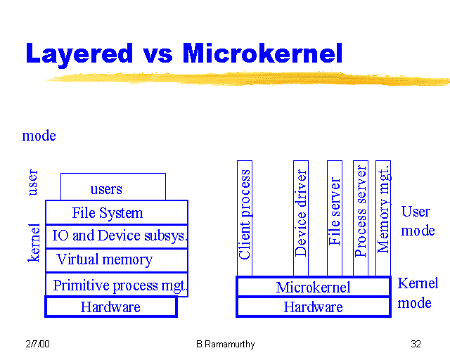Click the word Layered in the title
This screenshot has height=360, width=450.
79,53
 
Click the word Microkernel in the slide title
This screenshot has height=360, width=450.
262,53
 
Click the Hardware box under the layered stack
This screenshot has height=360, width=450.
110,307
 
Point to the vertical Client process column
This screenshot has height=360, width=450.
245,218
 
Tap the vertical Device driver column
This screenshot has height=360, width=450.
301,218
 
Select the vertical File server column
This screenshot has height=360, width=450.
335,218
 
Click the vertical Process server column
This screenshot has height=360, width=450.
361,218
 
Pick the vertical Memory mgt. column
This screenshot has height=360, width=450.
383,218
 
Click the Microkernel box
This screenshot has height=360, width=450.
313,287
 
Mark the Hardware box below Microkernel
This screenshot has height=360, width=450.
313,307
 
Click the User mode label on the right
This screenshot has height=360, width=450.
418,221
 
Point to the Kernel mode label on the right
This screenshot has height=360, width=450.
417,293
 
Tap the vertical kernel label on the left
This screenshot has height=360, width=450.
34,243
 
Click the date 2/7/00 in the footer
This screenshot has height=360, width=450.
37,344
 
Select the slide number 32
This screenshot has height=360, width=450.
416,344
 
